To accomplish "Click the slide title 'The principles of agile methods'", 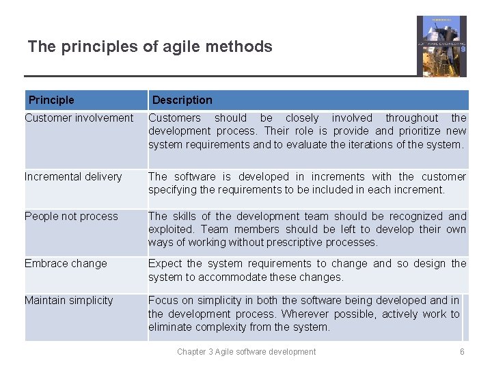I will tap(150, 47).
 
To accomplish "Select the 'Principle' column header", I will tap(51, 100).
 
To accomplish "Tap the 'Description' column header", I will tap(182, 100).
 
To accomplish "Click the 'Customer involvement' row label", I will tap(79, 118).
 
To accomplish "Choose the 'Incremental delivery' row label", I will tap(73, 177).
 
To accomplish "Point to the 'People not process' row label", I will tap(71, 217).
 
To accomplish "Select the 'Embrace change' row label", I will tap(66, 264).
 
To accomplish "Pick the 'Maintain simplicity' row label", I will tap(68, 301).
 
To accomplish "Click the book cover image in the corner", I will tap(441, 46).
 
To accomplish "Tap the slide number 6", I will tap(462, 352).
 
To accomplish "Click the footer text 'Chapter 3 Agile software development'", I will tap(246, 352).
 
